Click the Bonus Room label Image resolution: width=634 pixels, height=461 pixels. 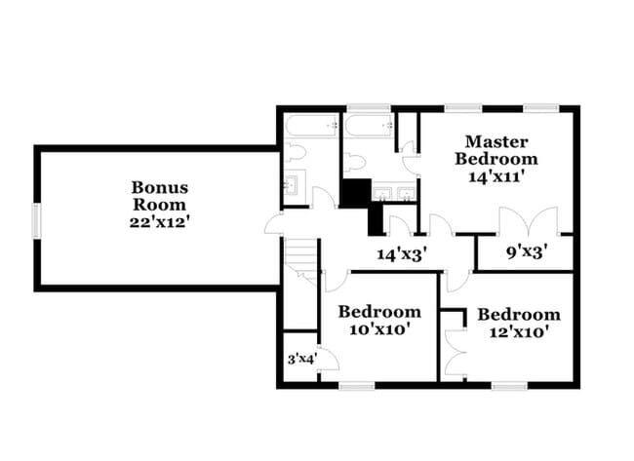(161, 204)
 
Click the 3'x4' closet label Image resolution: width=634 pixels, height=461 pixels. (300, 360)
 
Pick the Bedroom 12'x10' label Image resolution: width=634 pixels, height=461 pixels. (518, 323)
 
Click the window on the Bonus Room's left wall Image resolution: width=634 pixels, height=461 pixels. (35, 219)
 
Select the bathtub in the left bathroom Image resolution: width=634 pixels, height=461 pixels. (311, 127)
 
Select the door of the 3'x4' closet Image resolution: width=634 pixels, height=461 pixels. (328, 363)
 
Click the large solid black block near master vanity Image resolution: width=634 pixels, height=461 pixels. (353, 192)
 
